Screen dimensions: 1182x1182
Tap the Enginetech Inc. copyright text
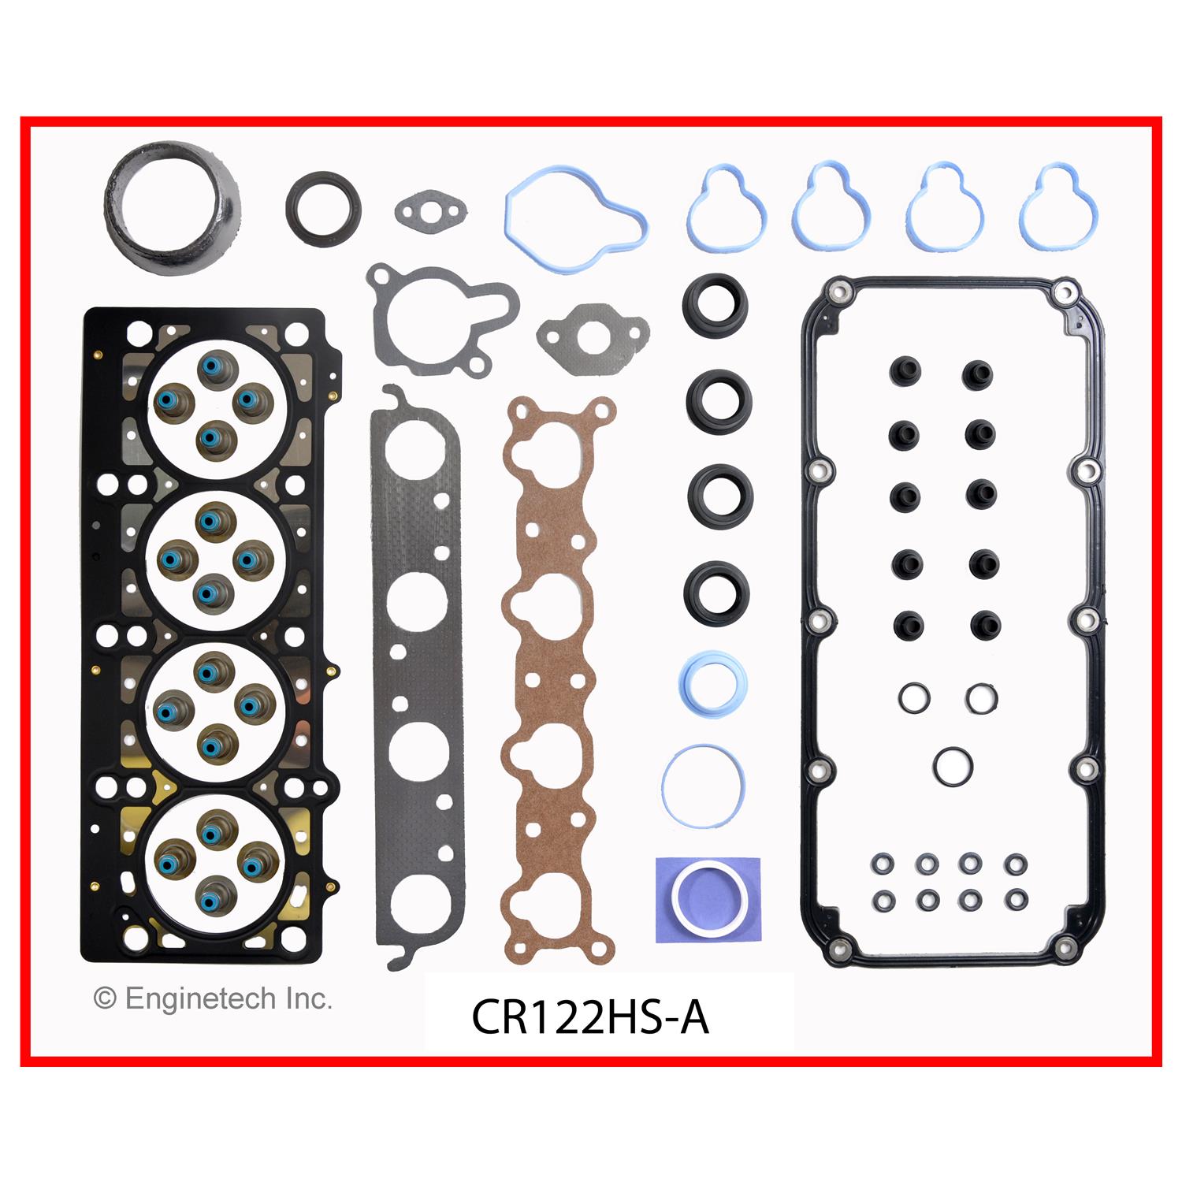tap(213, 999)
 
